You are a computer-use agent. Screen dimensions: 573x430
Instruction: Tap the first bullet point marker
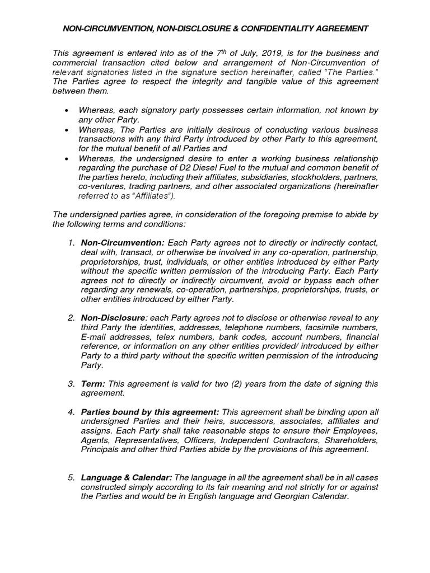pos(67,111)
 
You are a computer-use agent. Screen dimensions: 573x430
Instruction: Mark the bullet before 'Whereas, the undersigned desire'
pos(67,158)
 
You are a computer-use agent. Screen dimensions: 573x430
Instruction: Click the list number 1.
pos(71,243)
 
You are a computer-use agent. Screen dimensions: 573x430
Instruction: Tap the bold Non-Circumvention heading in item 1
pos(123,243)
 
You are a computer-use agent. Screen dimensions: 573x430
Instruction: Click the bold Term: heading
pos(93,384)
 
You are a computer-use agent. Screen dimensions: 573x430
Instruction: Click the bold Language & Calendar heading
pos(127,478)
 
